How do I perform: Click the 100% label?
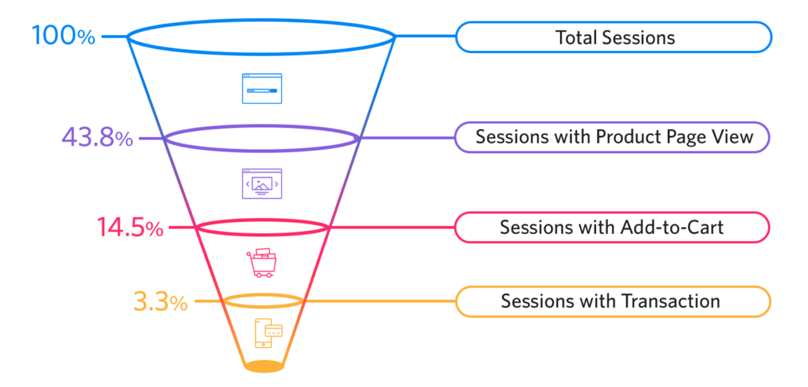tap(63, 36)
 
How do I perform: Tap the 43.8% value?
tap(97, 138)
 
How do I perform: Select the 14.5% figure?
tap(129, 228)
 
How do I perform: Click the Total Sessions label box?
tap(613, 37)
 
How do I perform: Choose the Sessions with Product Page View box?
tap(612, 137)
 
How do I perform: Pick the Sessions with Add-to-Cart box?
tap(612, 227)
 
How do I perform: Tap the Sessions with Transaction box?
tap(612, 301)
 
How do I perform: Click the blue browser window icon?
tap(262, 88)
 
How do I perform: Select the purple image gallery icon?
tap(262, 183)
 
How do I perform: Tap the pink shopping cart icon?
tap(261, 263)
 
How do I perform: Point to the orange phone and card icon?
tap(268, 333)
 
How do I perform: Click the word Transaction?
tap(671, 301)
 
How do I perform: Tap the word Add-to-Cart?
tap(672, 227)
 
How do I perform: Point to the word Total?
tap(577, 37)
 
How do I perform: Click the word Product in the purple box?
tap(626, 137)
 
